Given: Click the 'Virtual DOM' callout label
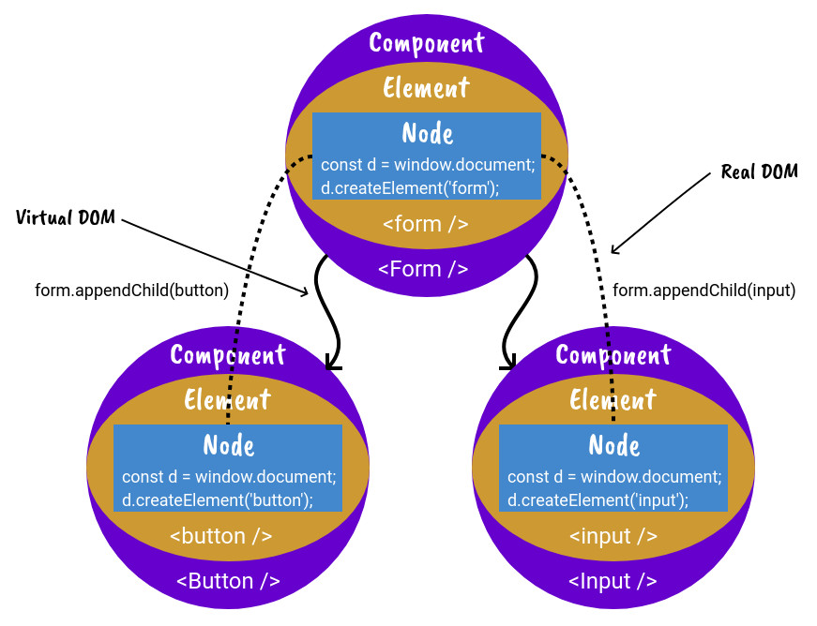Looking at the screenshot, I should (66, 217).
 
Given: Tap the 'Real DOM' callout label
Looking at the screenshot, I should (759, 171).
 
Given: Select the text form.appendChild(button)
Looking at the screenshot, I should (131, 291).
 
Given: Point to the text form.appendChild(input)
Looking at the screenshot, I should (704, 291).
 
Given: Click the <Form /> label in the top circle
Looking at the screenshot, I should (423, 269).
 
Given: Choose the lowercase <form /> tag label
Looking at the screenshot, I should (426, 225).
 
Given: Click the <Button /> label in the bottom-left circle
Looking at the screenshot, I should (228, 581).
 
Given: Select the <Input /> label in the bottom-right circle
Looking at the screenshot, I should (613, 581).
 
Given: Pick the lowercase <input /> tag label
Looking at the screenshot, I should (613, 537).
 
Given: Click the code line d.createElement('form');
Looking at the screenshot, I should (410, 187).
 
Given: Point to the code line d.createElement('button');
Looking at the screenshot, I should (218, 499).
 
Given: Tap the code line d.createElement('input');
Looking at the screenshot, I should (598, 499).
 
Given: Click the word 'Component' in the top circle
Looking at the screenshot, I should (427, 43).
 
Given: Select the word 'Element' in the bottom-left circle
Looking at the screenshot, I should (228, 400).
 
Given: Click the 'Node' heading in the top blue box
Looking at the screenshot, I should (428, 133).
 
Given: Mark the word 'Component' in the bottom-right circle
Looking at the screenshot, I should (613, 355).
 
